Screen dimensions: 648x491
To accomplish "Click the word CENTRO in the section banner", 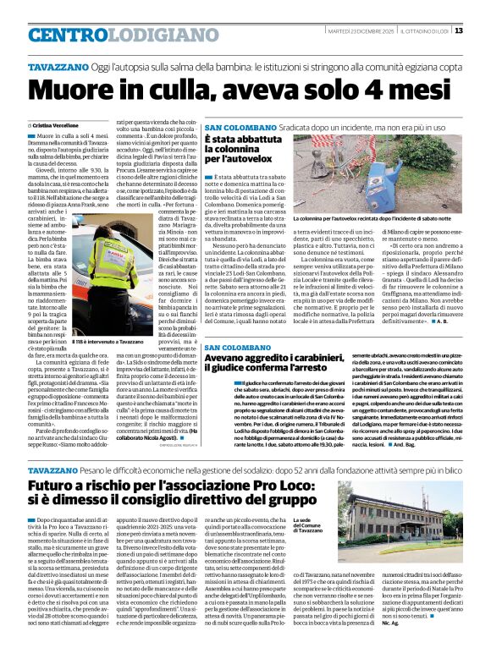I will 69,35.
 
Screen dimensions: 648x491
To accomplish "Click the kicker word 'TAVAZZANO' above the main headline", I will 58,65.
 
